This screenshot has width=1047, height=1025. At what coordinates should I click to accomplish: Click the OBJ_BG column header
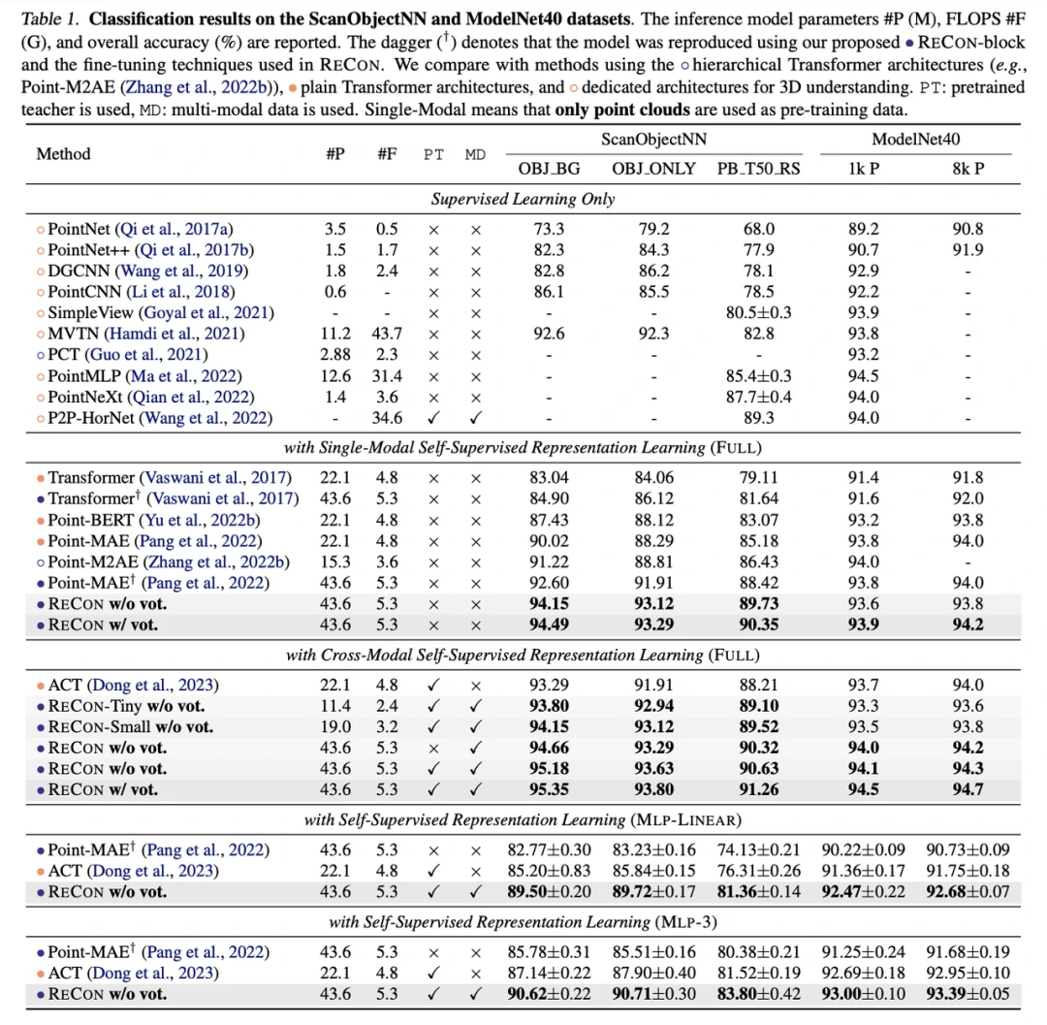click(x=549, y=168)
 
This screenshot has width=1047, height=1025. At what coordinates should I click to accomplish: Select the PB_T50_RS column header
click(x=759, y=168)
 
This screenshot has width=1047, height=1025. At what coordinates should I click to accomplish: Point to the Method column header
click(x=63, y=153)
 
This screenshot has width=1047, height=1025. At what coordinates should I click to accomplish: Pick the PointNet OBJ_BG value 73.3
click(x=549, y=228)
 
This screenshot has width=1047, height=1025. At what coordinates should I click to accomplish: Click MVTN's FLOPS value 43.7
click(x=387, y=333)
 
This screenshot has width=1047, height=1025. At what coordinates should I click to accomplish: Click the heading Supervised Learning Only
click(x=523, y=199)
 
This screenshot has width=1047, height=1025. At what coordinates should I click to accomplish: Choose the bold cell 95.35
click(x=549, y=789)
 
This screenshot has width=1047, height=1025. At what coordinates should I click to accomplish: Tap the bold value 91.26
click(x=759, y=789)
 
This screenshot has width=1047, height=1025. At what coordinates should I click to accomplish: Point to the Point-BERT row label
click(x=164, y=520)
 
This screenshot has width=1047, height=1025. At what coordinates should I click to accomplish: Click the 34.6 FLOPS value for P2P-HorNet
click(x=387, y=417)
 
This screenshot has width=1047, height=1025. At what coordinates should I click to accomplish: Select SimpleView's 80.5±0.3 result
click(x=759, y=312)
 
